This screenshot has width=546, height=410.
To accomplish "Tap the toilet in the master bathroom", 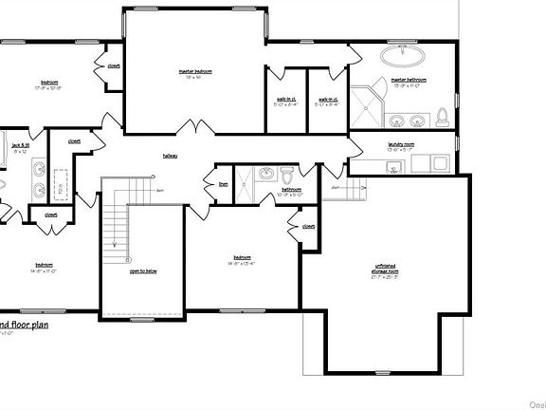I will (442, 118).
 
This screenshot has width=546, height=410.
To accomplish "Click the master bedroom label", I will (194, 71).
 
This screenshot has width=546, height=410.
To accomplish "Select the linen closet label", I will (224, 184).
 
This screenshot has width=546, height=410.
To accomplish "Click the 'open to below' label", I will (143, 270).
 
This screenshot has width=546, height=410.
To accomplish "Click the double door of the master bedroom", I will (195, 129).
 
